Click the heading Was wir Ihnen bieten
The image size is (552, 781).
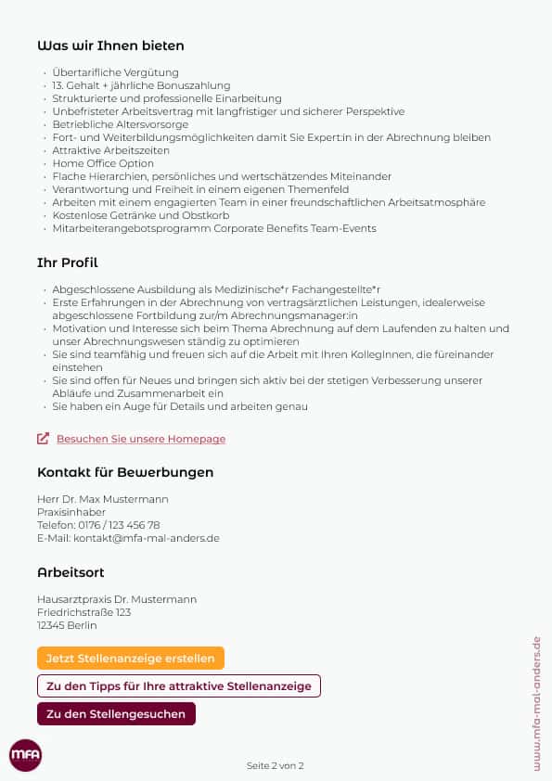point(110,45)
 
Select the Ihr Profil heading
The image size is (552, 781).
point(68,263)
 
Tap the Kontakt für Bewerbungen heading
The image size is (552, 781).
point(125,472)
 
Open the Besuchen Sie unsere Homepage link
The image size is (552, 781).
point(141,439)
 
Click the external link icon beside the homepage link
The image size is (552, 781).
point(43,439)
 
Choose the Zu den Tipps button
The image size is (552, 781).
point(179,686)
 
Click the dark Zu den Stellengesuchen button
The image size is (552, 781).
point(116,713)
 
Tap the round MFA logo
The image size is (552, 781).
point(25,755)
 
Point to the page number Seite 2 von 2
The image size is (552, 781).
point(276,765)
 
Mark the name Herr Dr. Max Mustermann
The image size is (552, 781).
point(103,499)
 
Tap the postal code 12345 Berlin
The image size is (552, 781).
point(67,625)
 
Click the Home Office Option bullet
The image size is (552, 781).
point(103,163)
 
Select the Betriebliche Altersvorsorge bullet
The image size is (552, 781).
point(121,124)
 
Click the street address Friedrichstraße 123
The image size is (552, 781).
point(83,612)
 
